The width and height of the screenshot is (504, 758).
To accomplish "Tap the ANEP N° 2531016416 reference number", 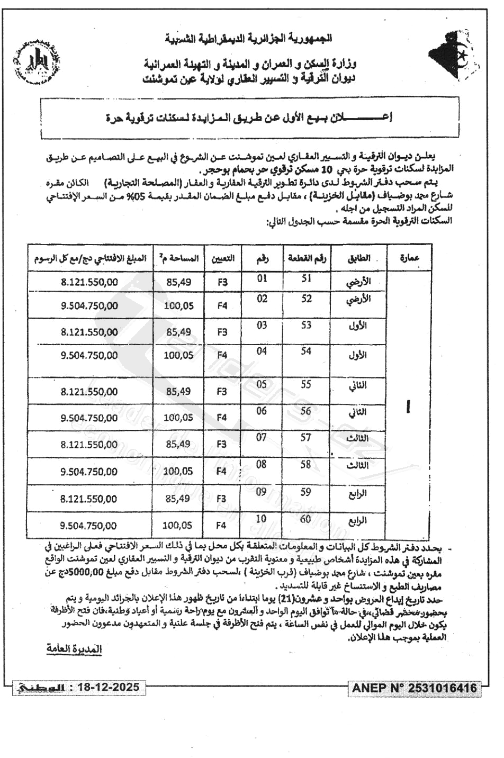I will click(x=415, y=688).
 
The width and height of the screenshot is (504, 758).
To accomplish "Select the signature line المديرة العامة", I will click(x=74, y=649).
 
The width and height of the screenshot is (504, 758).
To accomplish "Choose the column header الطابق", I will click(x=358, y=258).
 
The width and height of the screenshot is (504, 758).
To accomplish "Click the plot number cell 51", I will click(x=307, y=279).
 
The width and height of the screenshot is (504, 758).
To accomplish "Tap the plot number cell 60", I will click(x=305, y=519).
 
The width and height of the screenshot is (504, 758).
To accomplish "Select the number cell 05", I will click(x=262, y=384).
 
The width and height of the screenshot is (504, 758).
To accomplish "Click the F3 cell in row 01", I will click(x=222, y=282).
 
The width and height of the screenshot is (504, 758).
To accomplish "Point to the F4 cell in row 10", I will click(x=221, y=525).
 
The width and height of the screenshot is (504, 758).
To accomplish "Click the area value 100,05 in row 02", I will click(x=179, y=305).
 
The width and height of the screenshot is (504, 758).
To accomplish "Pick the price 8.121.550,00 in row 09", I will click(x=89, y=499).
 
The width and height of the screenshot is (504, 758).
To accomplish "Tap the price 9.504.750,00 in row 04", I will click(x=89, y=355).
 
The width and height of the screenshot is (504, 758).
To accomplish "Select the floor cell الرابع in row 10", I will click(x=357, y=520).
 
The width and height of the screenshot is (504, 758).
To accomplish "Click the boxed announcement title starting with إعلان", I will click(x=249, y=118).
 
